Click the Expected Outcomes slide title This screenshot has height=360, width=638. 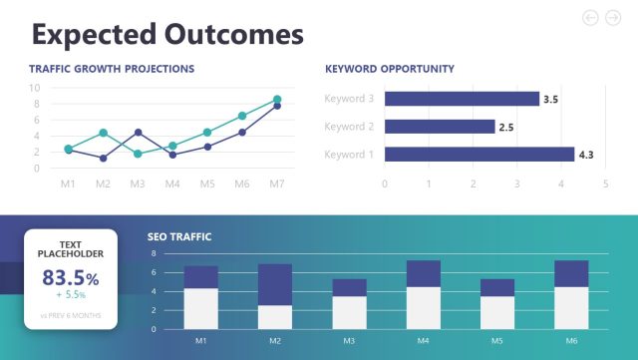coord(166,34)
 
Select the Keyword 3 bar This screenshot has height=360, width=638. coord(461,99)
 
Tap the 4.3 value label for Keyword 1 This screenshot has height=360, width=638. coord(586,155)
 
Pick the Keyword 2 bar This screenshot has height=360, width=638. coord(439,127)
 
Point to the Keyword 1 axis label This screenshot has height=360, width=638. coord(348,155)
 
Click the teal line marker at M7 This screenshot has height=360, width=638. coord(277,100)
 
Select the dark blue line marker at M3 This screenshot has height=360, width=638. coord(138,133)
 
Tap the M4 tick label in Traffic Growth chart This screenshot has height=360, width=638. coord(172,184)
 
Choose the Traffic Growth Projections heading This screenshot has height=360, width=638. coord(112,69)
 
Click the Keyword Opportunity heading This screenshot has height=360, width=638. coord(390,69)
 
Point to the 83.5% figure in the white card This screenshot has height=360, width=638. coord(71,278)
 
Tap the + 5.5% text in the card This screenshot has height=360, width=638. coord(71,296)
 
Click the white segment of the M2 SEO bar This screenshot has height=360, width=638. coord(274,317)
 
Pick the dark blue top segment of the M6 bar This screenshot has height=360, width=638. coord(571,273)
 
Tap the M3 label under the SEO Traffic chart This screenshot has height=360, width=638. coord(349,341)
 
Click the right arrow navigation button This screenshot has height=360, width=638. coord(613,17)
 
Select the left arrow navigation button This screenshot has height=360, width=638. coord(589,17)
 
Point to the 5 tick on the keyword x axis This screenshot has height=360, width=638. coord(605,183)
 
